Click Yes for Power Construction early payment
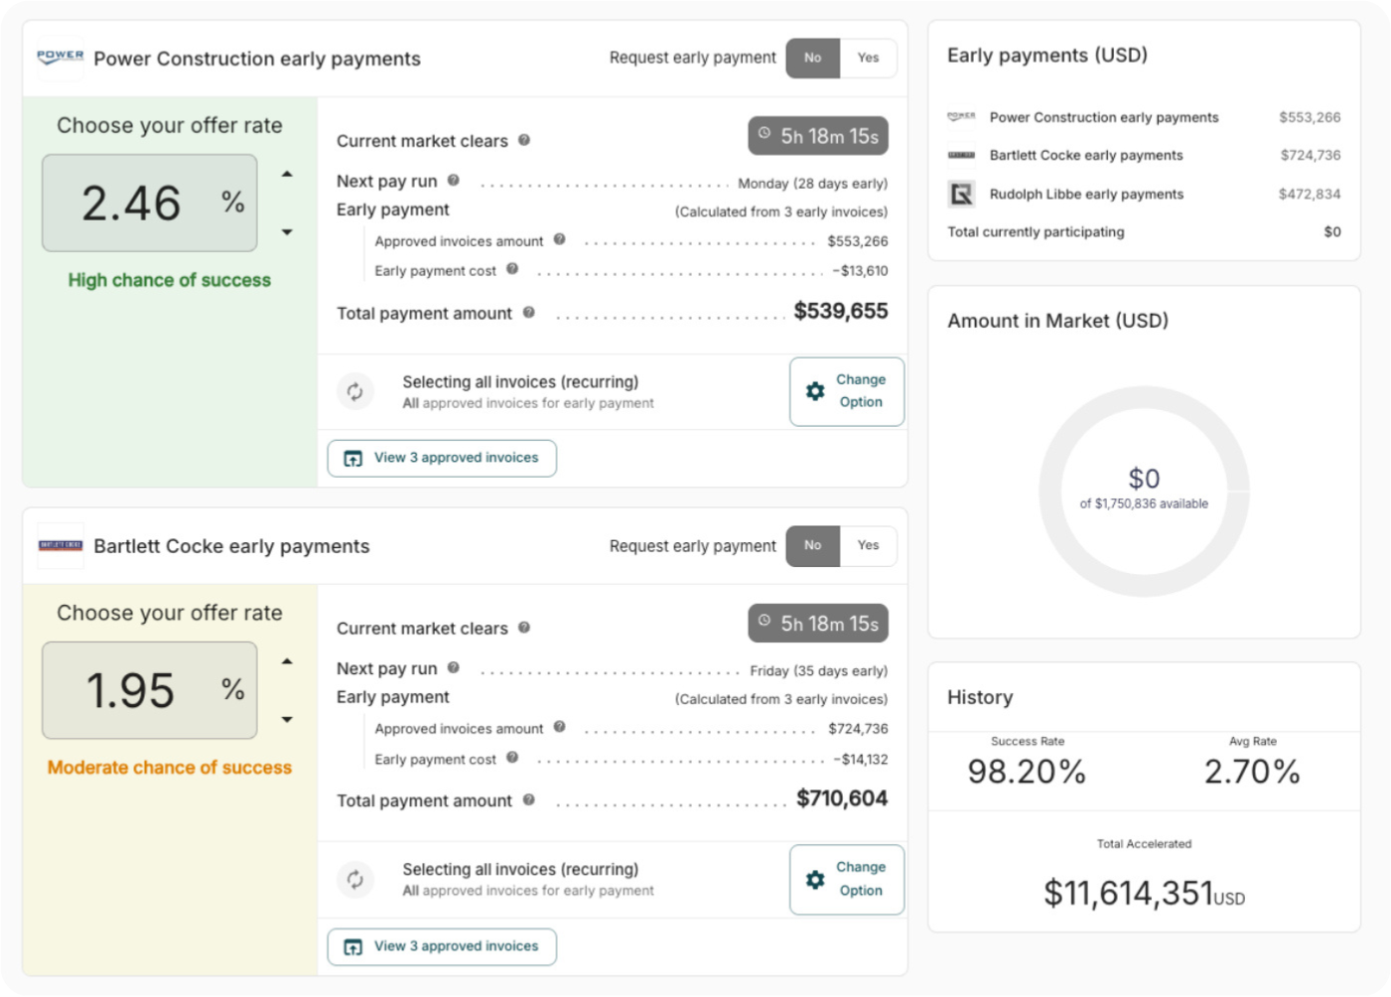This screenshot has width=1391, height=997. [x=868, y=58]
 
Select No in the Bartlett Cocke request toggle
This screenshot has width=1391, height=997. [x=812, y=545]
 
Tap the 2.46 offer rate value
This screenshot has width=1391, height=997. [x=131, y=204]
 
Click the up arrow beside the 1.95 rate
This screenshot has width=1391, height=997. [x=287, y=661]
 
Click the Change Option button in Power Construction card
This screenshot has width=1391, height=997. [x=847, y=391]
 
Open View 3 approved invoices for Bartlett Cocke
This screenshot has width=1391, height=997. [x=442, y=946]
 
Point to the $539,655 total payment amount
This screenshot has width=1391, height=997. [x=840, y=312]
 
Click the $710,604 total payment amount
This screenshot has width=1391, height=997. [x=842, y=799]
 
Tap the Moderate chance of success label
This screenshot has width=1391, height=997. [x=170, y=768]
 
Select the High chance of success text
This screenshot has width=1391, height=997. [x=170, y=280]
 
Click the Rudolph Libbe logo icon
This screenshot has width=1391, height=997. [x=961, y=194]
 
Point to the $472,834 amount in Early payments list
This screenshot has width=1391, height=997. [x=1309, y=194]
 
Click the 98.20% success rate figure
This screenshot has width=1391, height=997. [x=1027, y=772]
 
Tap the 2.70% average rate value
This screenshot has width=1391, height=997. [x=1252, y=772]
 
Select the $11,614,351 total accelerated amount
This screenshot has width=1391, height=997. [x=1128, y=893]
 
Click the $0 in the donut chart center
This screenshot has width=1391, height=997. [x=1144, y=479]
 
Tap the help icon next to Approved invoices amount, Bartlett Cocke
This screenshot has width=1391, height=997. [x=560, y=727]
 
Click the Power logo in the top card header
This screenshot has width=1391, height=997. [x=61, y=58]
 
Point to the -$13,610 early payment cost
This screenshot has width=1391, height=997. [x=860, y=270]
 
